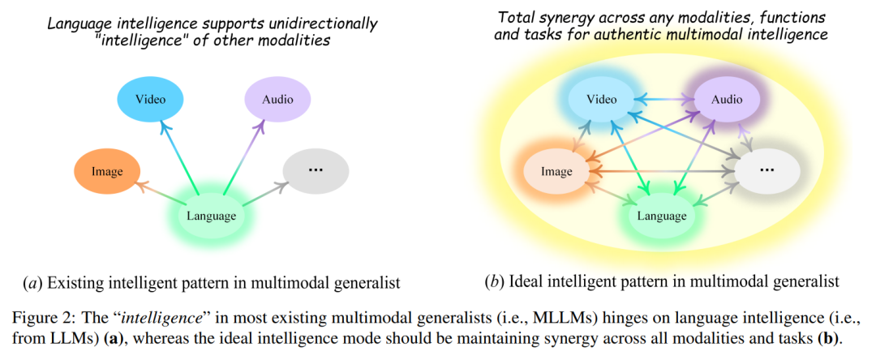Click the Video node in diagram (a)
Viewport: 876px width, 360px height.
pyautogui.click(x=151, y=100)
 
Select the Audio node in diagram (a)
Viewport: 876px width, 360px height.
pyautogui.click(x=277, y=100)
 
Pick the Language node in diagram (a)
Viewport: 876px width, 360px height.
pyautogui.click(x=211, y=215)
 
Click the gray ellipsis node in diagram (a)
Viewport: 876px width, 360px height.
pyautogui.click(x=316, y=171)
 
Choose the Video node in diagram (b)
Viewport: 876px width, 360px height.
pyautogui.click(x=602, y=100)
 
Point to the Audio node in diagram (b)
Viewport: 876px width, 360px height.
pyautogui.click(x=727, y=100)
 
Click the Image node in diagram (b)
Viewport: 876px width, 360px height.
pyautogui.click(x=557, y=171)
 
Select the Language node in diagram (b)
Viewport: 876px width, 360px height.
pyautogui.click(x=662, y=216)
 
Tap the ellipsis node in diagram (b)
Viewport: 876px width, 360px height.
pyautogui.click(x=766, y=171)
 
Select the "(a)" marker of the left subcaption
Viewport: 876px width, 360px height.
pyautogui.click(x=34, y=283)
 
